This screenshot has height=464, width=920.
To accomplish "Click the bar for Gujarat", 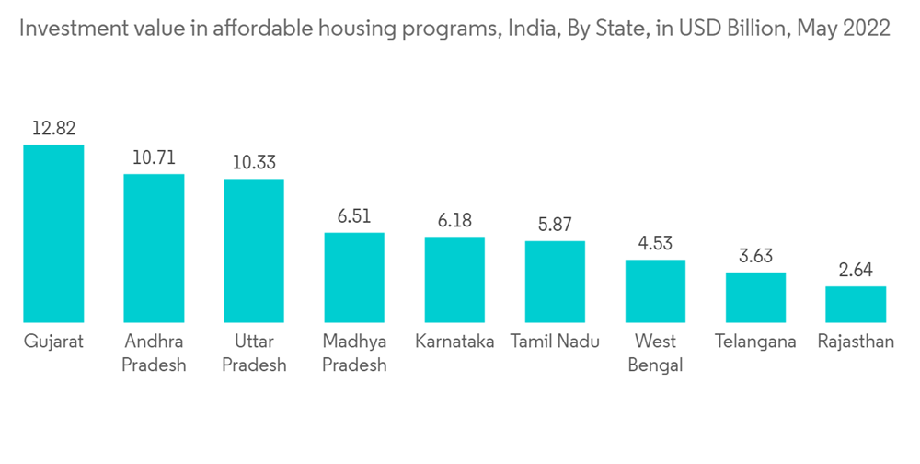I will pos(53,233).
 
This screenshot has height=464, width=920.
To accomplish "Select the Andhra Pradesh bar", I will pos(154,248).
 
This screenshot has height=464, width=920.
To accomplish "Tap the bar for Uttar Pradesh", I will pos(254,250).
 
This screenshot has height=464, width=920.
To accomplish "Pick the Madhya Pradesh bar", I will pos(354,277).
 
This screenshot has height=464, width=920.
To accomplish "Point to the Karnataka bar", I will pos(454,279).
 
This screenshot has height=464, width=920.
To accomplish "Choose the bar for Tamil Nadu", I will pos(555,282).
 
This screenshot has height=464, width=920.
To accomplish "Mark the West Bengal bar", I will pos(655,291).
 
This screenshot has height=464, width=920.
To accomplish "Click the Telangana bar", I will pos(755,296).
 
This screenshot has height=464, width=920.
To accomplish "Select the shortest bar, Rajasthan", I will pos(856,304).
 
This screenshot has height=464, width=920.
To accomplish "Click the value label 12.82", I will pos(53,128).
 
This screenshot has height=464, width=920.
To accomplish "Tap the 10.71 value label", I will pos(154,157).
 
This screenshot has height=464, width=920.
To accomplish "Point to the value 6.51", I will pos(354,216).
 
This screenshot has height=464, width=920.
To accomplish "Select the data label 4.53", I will pos(655,243).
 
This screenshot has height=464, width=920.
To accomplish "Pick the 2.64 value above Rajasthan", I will pos(856,270).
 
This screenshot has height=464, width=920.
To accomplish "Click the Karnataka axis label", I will pos(454,342).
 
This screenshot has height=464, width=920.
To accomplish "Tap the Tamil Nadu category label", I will pos(555,342).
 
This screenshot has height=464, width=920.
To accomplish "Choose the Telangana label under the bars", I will pos(755,342).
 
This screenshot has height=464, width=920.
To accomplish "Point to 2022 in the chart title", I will pos(867,29).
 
